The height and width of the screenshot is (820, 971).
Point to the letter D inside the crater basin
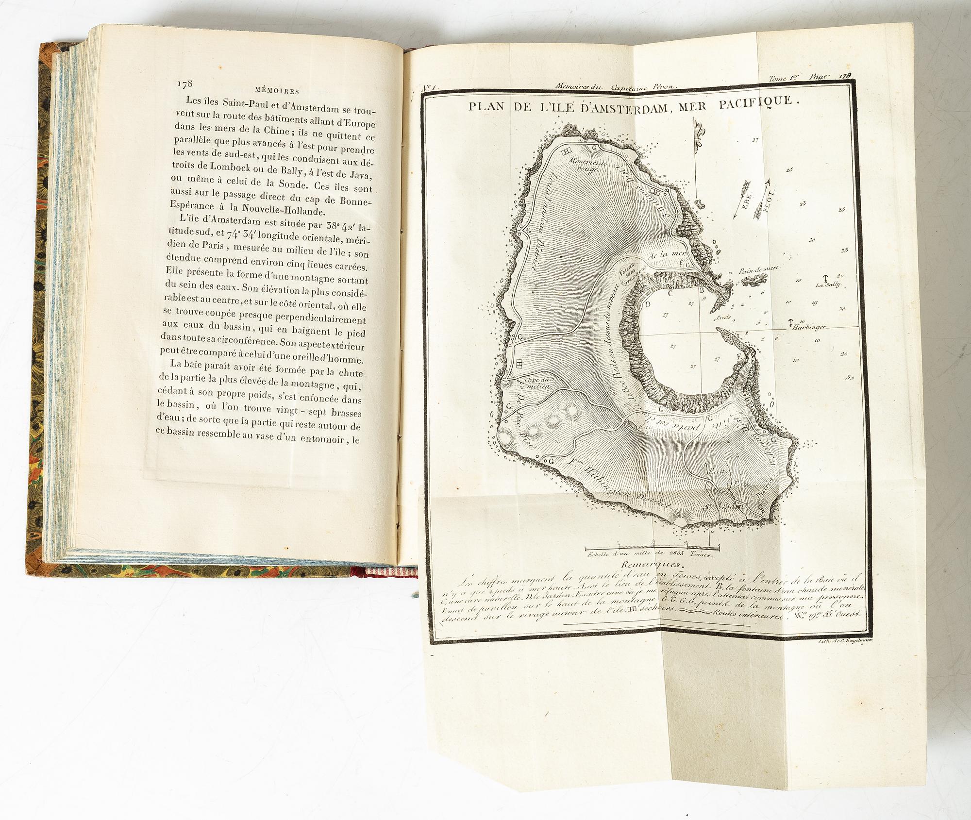click(647, 304)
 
